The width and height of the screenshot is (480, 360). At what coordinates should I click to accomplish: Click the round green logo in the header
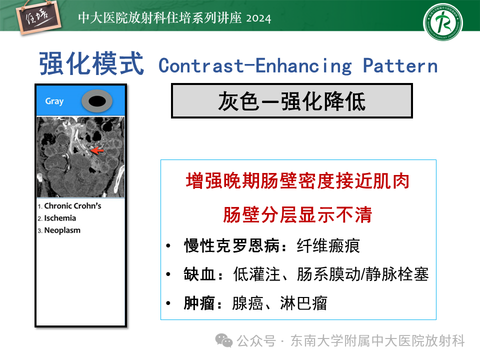tap(442, 22)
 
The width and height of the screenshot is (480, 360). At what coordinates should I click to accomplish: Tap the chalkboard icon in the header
tap(38, 18)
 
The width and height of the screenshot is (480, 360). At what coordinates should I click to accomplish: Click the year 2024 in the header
tap(258, 18)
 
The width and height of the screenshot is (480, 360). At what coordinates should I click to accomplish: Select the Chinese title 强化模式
tap(91, 63)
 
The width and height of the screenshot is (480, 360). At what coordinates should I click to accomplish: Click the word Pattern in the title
tap(400, 65)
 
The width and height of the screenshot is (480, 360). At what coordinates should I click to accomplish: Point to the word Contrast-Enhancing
tap(255, 66)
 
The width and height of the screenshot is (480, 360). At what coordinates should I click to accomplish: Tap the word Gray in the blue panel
tap(54, 101)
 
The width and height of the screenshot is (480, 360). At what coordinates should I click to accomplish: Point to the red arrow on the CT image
tap(97, 150)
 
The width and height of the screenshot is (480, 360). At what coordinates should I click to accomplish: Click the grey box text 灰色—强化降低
tap(291, 101)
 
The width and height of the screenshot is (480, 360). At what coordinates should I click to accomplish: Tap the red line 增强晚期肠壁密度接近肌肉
tap(297, 180)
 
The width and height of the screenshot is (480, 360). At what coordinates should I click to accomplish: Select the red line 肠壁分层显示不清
tap(297, 214)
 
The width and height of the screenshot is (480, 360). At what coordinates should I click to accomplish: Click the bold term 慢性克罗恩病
tap(232, 246)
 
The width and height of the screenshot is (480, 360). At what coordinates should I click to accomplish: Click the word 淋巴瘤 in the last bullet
tap(303, 303)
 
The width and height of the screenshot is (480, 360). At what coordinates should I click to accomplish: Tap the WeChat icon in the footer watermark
tap(224, 340)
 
